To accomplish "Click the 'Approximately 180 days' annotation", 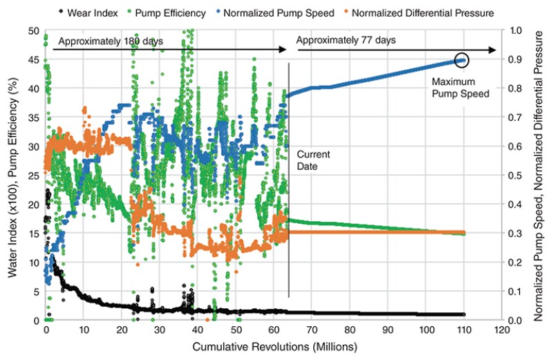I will [111, 41].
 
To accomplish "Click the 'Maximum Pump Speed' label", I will [453, 86].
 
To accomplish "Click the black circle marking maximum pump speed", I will [462, 60].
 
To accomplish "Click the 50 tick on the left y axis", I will [32, 31].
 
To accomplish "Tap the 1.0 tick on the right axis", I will [515, 31].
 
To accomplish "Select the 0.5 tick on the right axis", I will [515, 176].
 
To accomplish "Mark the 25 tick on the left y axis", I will [32, 176].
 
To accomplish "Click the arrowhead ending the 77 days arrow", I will [494, 50].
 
